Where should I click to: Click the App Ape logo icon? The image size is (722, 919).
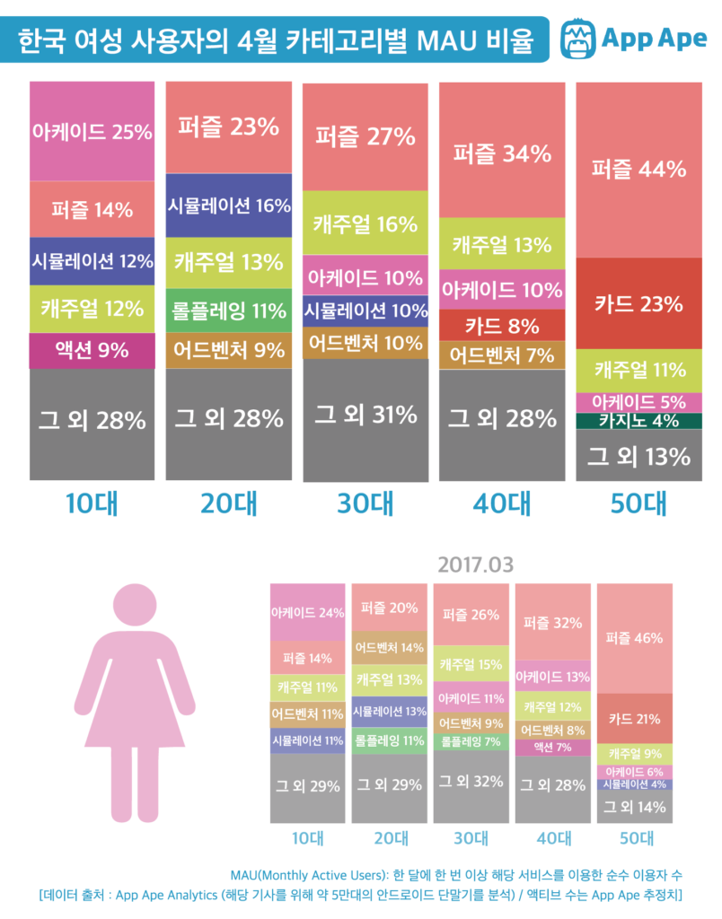(x=578, y=39)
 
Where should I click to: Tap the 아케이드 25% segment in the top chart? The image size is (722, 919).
(x=92, y=132)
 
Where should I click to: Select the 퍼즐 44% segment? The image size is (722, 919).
(x=638, y=169)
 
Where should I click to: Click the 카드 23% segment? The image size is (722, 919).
(x=638, y=304)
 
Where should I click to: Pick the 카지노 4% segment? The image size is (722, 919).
(x=638, y=420)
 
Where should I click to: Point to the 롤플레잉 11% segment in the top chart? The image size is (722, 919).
(x=229, y=311)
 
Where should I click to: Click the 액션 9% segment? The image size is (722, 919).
(x=92, y=350)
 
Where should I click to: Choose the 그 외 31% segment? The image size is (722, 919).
(x=365, y=415)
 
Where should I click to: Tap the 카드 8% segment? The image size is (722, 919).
(x=502, y=326)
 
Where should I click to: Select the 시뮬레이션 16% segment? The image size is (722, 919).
(x=229, y=206)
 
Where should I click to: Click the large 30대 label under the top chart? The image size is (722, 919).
(x=365, y=503)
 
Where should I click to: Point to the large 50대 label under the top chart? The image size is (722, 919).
(x=638, y=503)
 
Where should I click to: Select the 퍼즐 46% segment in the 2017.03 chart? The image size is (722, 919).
(x=634, y=638)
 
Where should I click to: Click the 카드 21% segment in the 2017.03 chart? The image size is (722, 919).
(x=634, y=719)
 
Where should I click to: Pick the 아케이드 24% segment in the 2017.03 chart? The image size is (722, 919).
(x=307, y=614)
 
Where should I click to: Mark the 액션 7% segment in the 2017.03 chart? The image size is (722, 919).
(x=552, y=747)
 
